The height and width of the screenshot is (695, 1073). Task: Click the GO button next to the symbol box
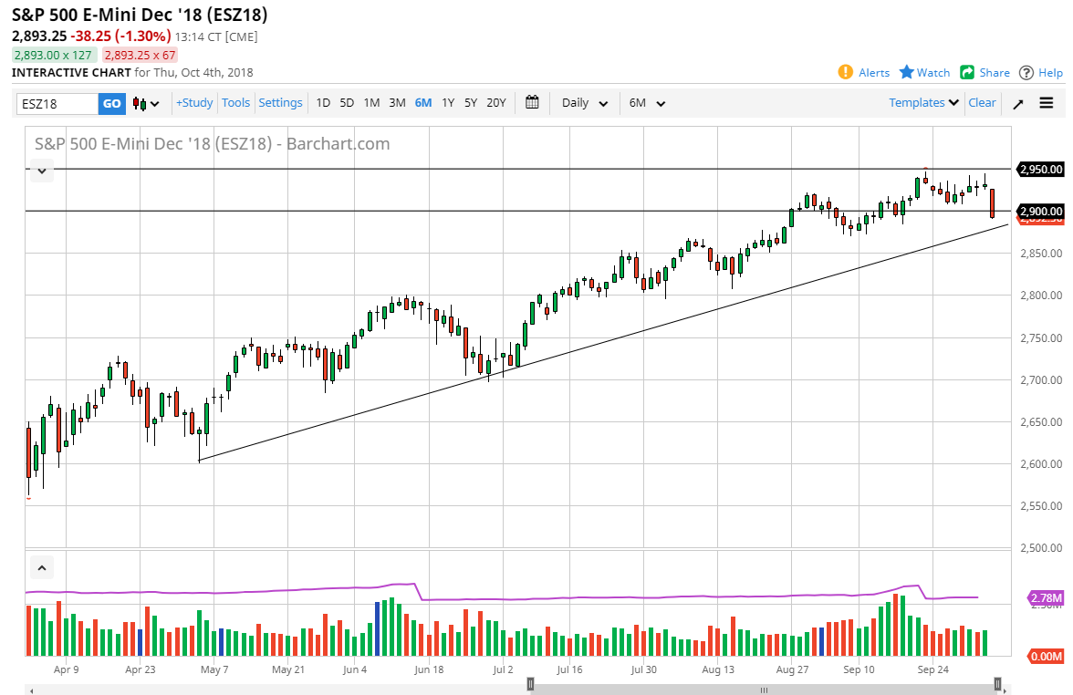[111, 103]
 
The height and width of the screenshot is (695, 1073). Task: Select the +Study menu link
[194, 103]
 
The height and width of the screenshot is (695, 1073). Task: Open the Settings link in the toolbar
[280, 103]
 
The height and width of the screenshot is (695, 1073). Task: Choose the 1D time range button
[323, 103]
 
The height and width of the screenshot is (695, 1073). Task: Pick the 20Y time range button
[495, 103]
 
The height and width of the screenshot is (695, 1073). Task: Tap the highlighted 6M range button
[422, 103]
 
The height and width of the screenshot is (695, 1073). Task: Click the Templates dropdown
[923, 103]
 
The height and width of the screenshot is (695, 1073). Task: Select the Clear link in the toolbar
[982, 103]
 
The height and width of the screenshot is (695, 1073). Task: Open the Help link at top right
[1040, 72]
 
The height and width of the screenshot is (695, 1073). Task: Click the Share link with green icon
[984, 72]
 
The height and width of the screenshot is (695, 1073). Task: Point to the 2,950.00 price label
[1041, 170]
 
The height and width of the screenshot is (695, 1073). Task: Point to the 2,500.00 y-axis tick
[1040, 548]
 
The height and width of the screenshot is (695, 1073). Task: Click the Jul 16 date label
[569, 669]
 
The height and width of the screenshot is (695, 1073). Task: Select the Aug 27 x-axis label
[793, 669]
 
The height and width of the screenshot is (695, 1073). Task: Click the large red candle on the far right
[992, 202]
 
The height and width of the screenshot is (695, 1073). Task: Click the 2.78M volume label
[1045, 598]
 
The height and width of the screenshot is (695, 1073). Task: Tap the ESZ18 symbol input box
[57, 103]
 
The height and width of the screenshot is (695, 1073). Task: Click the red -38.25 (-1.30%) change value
[126, 36]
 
